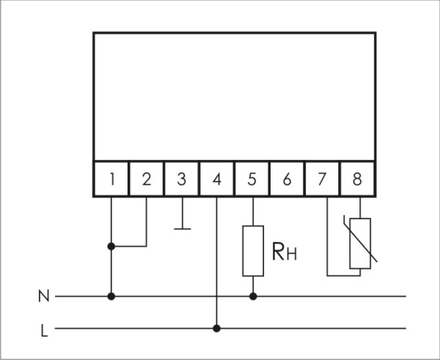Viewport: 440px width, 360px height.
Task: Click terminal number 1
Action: pyautogui.click(x=111, y=180)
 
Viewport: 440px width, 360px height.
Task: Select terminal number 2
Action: pyautogui.click(x=147, y=180)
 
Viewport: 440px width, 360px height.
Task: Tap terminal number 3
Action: pyautogui.click(x=182, y=180)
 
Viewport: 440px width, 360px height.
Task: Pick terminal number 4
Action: pyautogui.click(x=217, y=180)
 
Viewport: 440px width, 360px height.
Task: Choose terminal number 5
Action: pyautogui.click(x=252, y=180)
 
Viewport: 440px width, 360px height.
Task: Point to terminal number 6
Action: pyautogui.click(x=287, y=180)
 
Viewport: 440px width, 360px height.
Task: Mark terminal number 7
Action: pyautogui.click(x=322, y=180)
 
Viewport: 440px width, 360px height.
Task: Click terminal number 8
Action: pyautogui.click(x=357, y=180)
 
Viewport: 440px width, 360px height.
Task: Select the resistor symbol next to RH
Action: pyautogui.click(x=253, y=251)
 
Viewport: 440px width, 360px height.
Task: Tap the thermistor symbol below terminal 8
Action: pyautogui.click(x=360, y=243)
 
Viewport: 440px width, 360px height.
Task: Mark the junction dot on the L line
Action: pyautogui.click(x=217, y=328)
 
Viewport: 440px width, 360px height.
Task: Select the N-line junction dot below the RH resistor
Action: pyautogui.click(x=253, y=297)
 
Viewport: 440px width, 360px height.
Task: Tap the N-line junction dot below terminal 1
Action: pyautogui.click(x=111, y=297)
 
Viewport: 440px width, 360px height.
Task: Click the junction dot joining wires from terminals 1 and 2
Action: pyautogui.click(x=111, y=246)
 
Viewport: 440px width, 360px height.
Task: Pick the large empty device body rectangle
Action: pyautogui.click(x=235, y=95)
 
